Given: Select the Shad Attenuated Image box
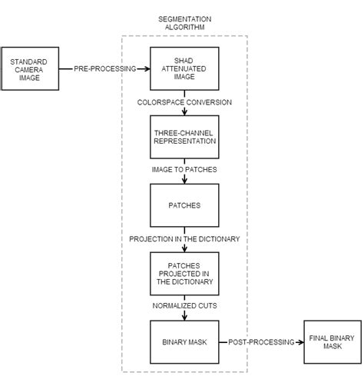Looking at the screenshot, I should click(184, 68).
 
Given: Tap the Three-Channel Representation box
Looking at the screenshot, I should click(184, 137).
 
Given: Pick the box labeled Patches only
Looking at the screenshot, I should click(184, 205).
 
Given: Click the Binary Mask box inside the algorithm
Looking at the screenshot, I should click(184, 342).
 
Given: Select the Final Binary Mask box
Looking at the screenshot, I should click(331, 341).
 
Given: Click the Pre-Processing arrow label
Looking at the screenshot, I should click(104, 68).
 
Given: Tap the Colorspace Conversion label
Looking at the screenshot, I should click(184, 102).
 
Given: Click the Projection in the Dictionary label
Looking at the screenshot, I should click(184, 239).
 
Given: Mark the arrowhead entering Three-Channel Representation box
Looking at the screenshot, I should click(184, 112).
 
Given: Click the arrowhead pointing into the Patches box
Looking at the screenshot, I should click(184, 181).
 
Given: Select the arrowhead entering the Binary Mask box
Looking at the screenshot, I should click(184, 318).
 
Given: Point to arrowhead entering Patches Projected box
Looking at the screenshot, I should click(184, 249).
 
